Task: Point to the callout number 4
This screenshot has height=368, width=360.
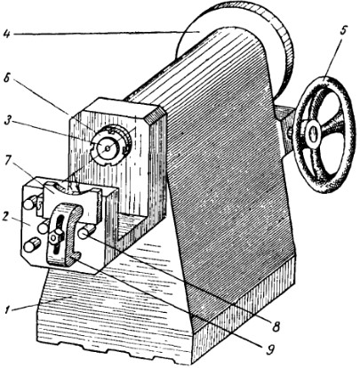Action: pos(6,33)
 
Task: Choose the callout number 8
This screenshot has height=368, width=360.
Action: pos(276,326)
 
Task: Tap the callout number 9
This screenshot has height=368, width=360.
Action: pos(268,350)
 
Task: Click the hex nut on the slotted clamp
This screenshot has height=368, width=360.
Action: pos(54,237)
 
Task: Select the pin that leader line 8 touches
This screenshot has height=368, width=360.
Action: pos(85,231)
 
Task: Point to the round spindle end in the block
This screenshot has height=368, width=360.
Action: pos(108,147)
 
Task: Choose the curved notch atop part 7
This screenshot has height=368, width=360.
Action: pos(69,188)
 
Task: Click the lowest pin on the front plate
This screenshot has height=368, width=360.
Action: pos(32,245)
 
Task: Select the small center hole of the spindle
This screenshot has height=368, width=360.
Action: pos(108,147)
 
